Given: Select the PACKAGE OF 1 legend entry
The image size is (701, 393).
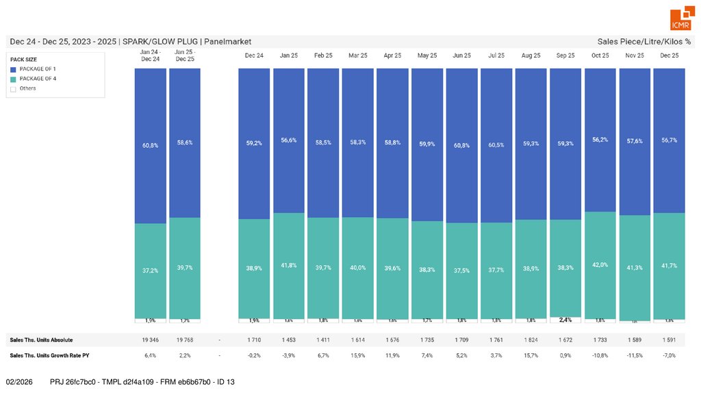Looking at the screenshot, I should (x=38, y=69).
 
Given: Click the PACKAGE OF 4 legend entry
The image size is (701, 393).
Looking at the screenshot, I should (x=38, y=79).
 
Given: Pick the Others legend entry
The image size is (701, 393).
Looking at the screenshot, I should (x=27, y=88).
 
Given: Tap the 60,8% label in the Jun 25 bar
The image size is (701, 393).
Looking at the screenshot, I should (x=462, y=145).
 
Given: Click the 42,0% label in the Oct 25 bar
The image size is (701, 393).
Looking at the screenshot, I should (x=600, y=264).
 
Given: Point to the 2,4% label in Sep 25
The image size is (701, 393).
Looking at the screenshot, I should (x=565, y=320).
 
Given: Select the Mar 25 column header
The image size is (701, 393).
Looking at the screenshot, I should (x=358, y=55).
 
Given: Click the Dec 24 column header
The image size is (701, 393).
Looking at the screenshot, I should (x=255, y=55).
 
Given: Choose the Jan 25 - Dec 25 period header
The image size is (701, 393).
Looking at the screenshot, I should (x=185, y=55).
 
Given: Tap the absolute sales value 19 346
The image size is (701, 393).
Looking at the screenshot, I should (x=150, y=340).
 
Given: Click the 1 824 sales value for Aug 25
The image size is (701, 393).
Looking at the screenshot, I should (x=531, y=340).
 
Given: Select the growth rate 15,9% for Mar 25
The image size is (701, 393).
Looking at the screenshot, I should (x=358, y=355).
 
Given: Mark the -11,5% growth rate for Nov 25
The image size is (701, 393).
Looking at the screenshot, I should (x=635, y=355).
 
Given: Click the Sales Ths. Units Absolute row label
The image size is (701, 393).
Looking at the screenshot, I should (x=41, y=340).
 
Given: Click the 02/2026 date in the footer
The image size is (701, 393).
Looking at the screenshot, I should (x=20, y=381).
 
